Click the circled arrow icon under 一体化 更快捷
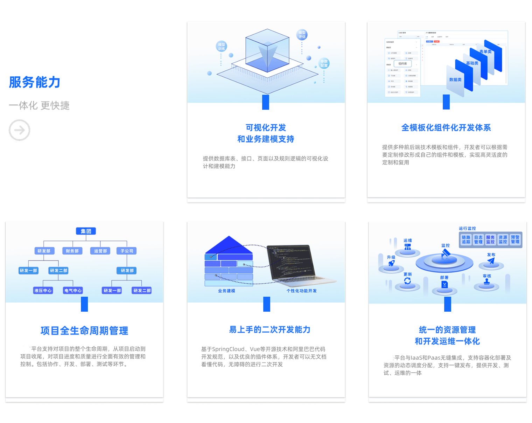[x=20, y=130]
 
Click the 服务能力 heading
[x=35, y=82]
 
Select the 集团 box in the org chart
[x=86, y=231]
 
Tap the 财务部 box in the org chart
[x=72, y=251]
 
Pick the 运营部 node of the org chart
[x=100, y=251]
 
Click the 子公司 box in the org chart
[x=127, y=251]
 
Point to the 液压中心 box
[x=43, y=290]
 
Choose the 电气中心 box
[x=73, y=290]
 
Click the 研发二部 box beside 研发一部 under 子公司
[x=142, y=290]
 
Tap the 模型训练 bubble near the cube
[x=222, y=47]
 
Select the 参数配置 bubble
[x=324, y=63]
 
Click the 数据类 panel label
[x=455, y=80]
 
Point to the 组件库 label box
[x=402, y=64]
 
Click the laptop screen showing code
[x=290, y=261]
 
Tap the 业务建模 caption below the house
[x=226, y=291]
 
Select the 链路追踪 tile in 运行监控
[x=466, y=240]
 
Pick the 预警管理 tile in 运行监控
[x=515, y=240]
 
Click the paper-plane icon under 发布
[x=491, y=261]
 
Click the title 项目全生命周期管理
[x=84, y=331]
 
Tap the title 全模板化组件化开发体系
[x=446, y=128]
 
